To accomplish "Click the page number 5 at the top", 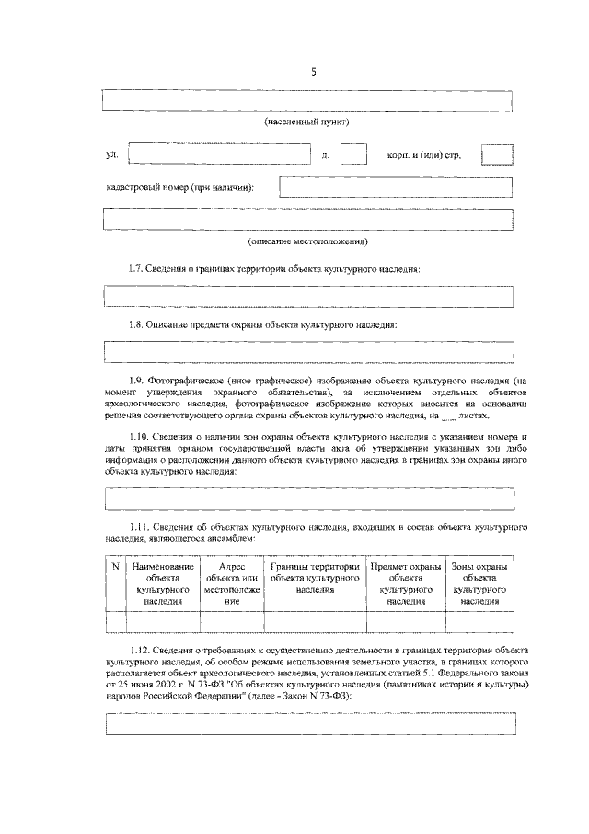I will [x=313, y=75].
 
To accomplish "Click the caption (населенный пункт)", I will [x=307, y=122].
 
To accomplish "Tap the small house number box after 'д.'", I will [x=354, y=154].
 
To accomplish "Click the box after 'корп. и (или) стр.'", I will [x=497, y=154].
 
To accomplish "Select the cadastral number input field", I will [x=396, y=187].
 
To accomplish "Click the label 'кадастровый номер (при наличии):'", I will [x=180, y=188].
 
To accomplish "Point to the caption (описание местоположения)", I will [x=307, y=242].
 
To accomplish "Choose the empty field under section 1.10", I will [x=308, y=499].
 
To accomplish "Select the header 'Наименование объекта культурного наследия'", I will [x=163, y=582].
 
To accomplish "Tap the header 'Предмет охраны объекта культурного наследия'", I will [x=405, y=582].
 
